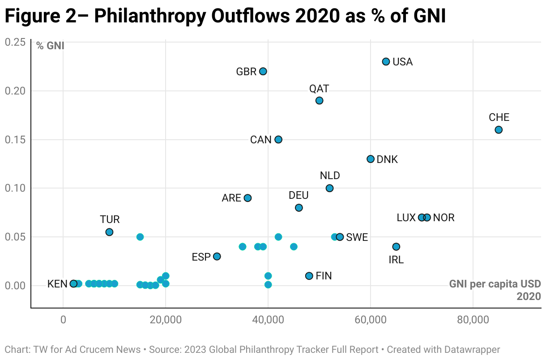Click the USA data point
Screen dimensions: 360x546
click(x=386, y=62)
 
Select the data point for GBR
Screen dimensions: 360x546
click(x=263, y=72)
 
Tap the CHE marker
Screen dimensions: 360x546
click(x=499, y=130)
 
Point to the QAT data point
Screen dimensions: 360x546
click(x=319, y=101)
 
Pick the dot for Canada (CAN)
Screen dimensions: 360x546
click(x=278, y=140)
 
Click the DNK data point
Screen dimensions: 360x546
click(x=371, y=159)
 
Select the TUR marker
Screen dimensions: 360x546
click(x=109, y=232)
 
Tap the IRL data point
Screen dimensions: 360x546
click(x=396, y=247)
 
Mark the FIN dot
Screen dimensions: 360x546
click(x=309, y=276)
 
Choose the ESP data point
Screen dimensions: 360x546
click(x=217, y=257)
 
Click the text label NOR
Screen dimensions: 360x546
click(x=444, y=218)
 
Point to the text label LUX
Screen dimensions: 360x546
click(x=406, y=218)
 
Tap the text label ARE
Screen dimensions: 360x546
click(x=231, y=198)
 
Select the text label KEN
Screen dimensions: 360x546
click(x=57, y=284)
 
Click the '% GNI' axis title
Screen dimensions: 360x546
click(x=50, y=46)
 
